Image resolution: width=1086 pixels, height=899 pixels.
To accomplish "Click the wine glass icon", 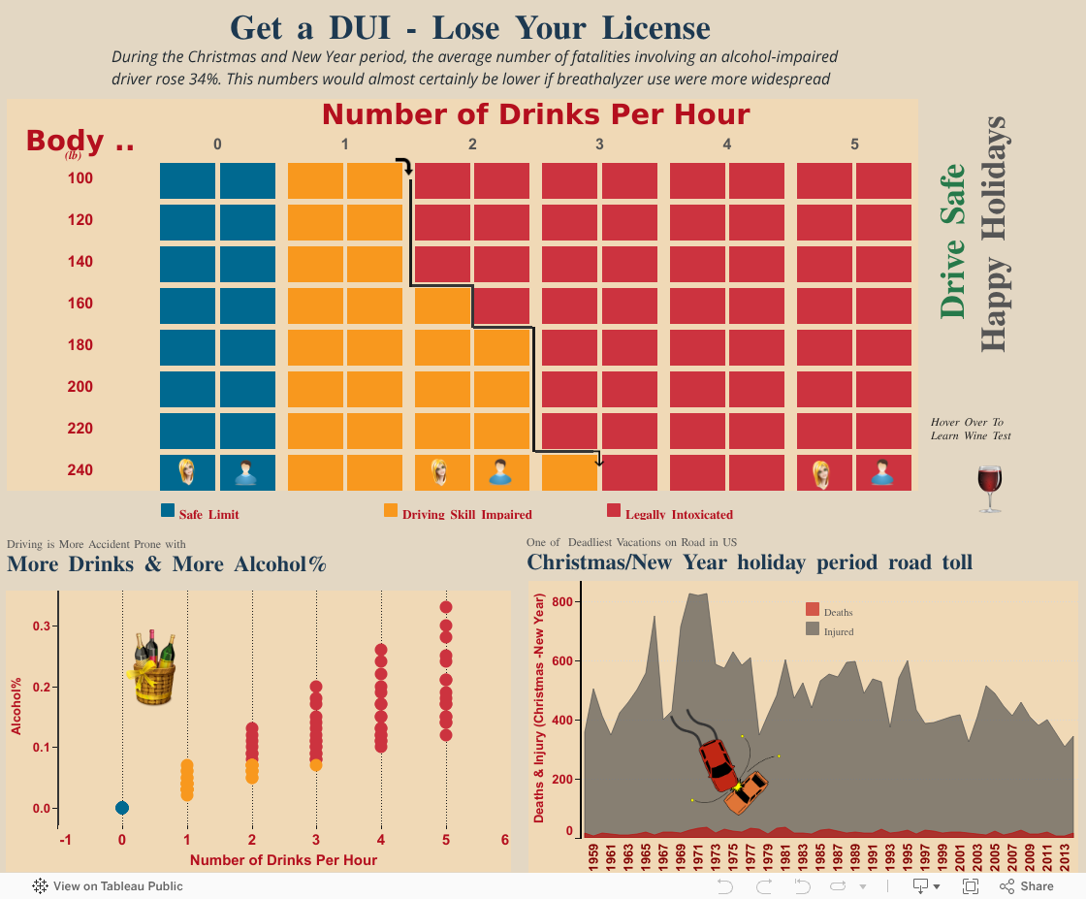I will click(x=990, y=488).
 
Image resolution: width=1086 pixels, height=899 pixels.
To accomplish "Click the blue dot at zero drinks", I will click(x=122, y=808).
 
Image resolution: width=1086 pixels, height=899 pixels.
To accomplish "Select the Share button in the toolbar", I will click(x=1027, y=885).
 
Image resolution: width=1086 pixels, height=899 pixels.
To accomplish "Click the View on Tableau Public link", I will click(x=108, y=885).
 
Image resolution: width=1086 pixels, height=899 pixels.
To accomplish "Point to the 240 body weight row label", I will click(x=80, y=470).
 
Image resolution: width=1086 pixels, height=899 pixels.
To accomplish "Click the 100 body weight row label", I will click(x=80, y=178).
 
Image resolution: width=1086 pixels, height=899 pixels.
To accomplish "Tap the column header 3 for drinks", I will click(x=599, y=144).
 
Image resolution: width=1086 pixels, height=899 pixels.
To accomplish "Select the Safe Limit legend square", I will click(x=168, y=510).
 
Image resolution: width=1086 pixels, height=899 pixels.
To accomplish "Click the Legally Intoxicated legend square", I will click(x=613, y=510).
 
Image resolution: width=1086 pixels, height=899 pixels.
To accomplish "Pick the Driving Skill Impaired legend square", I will click(x=391, y=510).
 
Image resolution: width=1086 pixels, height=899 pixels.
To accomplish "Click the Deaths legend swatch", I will click(x=813, y=609).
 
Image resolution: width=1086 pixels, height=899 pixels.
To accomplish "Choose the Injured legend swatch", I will click(x=813, y=629).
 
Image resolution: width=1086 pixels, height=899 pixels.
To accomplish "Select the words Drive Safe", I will click(x=953, y=241).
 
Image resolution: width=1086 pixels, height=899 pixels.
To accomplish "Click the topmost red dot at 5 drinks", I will click(x=446, y=607).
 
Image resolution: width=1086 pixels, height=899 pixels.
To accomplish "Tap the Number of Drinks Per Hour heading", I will click(x=535, y=114).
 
